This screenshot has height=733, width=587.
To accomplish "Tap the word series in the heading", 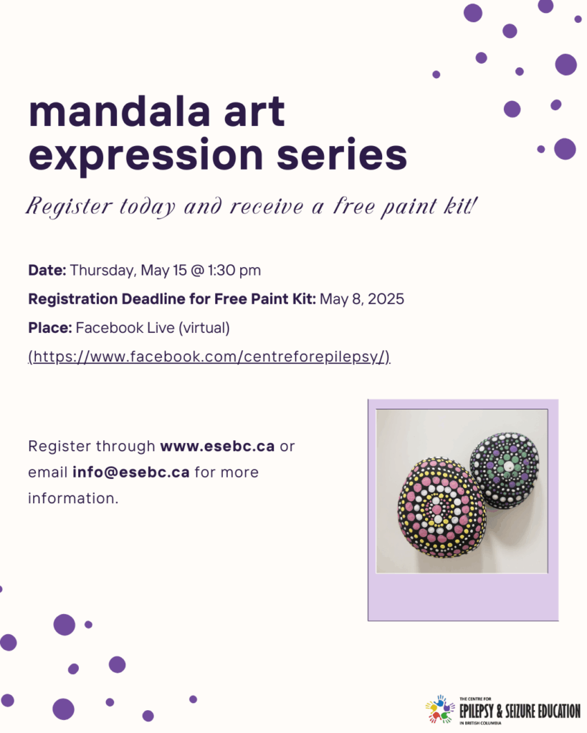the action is click(x=342, y=154).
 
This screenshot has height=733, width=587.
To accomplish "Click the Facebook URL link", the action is click(x=209, y=356).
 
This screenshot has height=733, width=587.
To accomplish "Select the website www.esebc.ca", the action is click(x=217, y=446).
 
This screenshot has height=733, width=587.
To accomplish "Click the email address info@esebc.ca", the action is click(x=130, y=472).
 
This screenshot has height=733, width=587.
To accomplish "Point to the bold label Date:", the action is click(x=47, y=270).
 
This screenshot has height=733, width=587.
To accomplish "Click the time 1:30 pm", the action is click(x=234, y=270).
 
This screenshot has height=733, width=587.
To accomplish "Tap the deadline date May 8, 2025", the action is click(x=362, y=299).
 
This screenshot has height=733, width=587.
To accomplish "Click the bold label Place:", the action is click(x=50, y=328).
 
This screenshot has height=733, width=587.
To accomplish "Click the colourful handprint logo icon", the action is click(x=439, y=709).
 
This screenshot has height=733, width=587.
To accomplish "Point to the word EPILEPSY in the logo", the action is click(x=477, y=712).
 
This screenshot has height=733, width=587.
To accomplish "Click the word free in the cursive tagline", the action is click(x=354, y=206).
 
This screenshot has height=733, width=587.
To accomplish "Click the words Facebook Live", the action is click(x=125, y=328).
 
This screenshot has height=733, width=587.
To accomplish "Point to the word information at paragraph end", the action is click(x=73, y=498).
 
